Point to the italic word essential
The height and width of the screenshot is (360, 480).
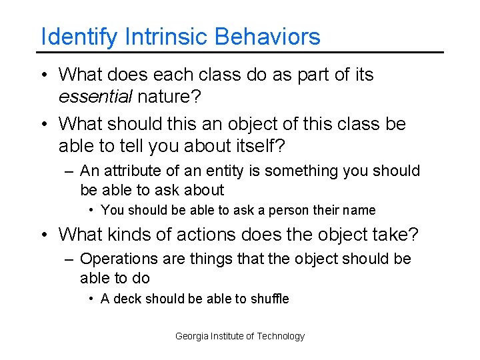(x=96, y=97)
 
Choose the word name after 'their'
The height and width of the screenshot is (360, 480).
(x=360, y=211)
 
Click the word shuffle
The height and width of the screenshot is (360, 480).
(x=269, y=299)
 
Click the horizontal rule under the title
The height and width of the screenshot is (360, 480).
(x=240, y=52)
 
